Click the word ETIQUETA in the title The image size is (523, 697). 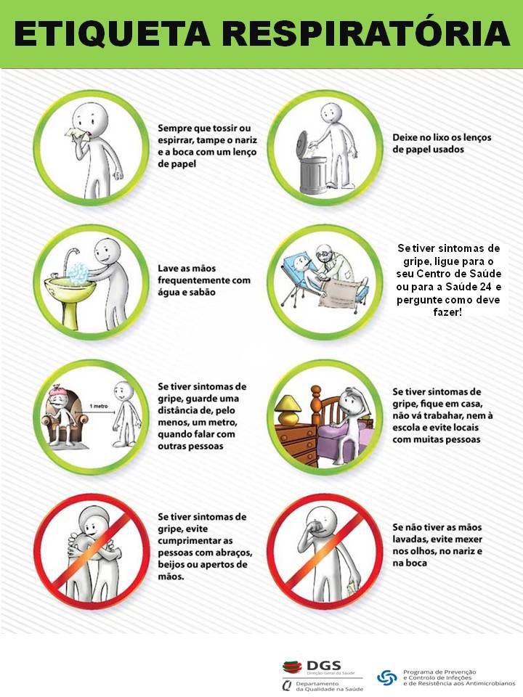112,33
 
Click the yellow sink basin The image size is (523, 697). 70,285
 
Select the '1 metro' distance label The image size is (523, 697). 98,406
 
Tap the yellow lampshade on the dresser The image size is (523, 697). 288,403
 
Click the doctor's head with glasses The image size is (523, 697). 323,255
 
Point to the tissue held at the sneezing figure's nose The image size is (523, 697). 75,133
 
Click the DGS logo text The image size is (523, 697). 324,666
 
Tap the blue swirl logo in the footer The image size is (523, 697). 386,677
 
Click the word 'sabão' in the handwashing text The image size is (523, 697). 203,292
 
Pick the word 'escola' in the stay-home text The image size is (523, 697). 405,427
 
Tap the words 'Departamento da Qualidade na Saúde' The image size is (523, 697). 329,686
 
